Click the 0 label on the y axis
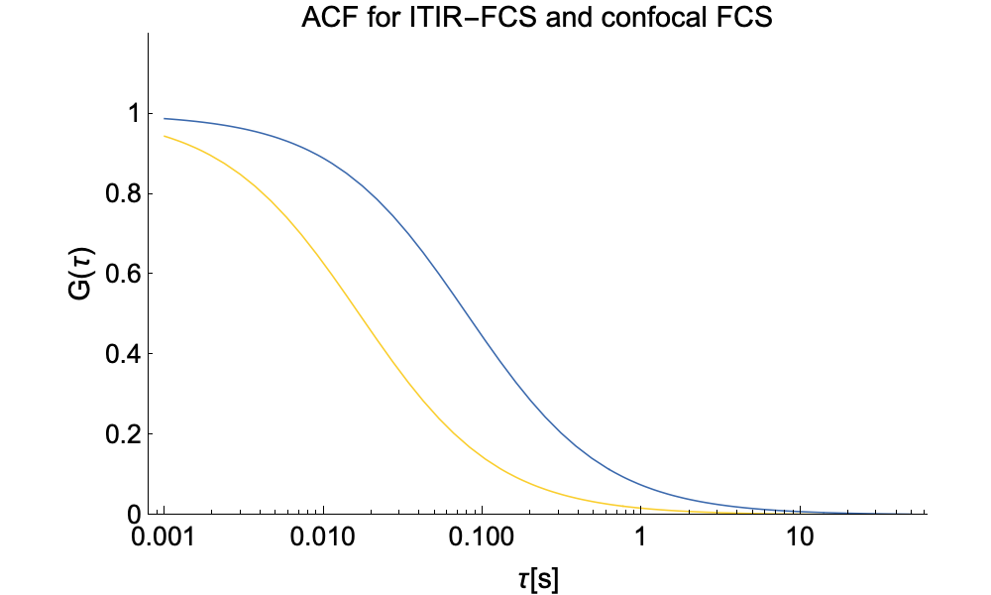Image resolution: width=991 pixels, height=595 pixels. click(x=127, y=514)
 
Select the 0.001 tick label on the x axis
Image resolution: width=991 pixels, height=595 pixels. click(x=164, y=540)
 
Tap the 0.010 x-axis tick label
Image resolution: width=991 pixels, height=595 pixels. click(x=322, y=540)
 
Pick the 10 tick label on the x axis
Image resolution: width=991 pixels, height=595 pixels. click(x=800, y=540)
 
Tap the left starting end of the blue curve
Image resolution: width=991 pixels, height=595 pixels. click(x=164, y=118)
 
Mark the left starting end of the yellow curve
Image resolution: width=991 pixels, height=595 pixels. click(x=164, y=136)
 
